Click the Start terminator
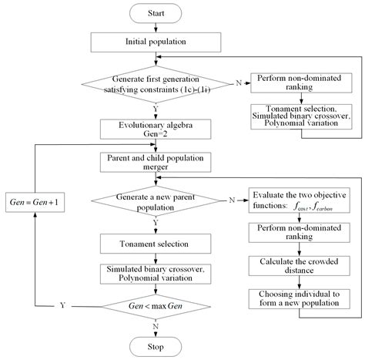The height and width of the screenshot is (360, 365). click(155, 13)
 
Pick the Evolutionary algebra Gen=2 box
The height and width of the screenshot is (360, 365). click(155, 128)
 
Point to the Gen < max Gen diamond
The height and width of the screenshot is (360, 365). click(155, 306)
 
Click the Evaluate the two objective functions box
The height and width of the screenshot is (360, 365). click(296, 200)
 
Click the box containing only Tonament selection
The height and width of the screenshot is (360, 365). click(155, 243)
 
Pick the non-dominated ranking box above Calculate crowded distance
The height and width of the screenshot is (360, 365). click(296, 234)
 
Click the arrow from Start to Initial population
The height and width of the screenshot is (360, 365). click(155, 28)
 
